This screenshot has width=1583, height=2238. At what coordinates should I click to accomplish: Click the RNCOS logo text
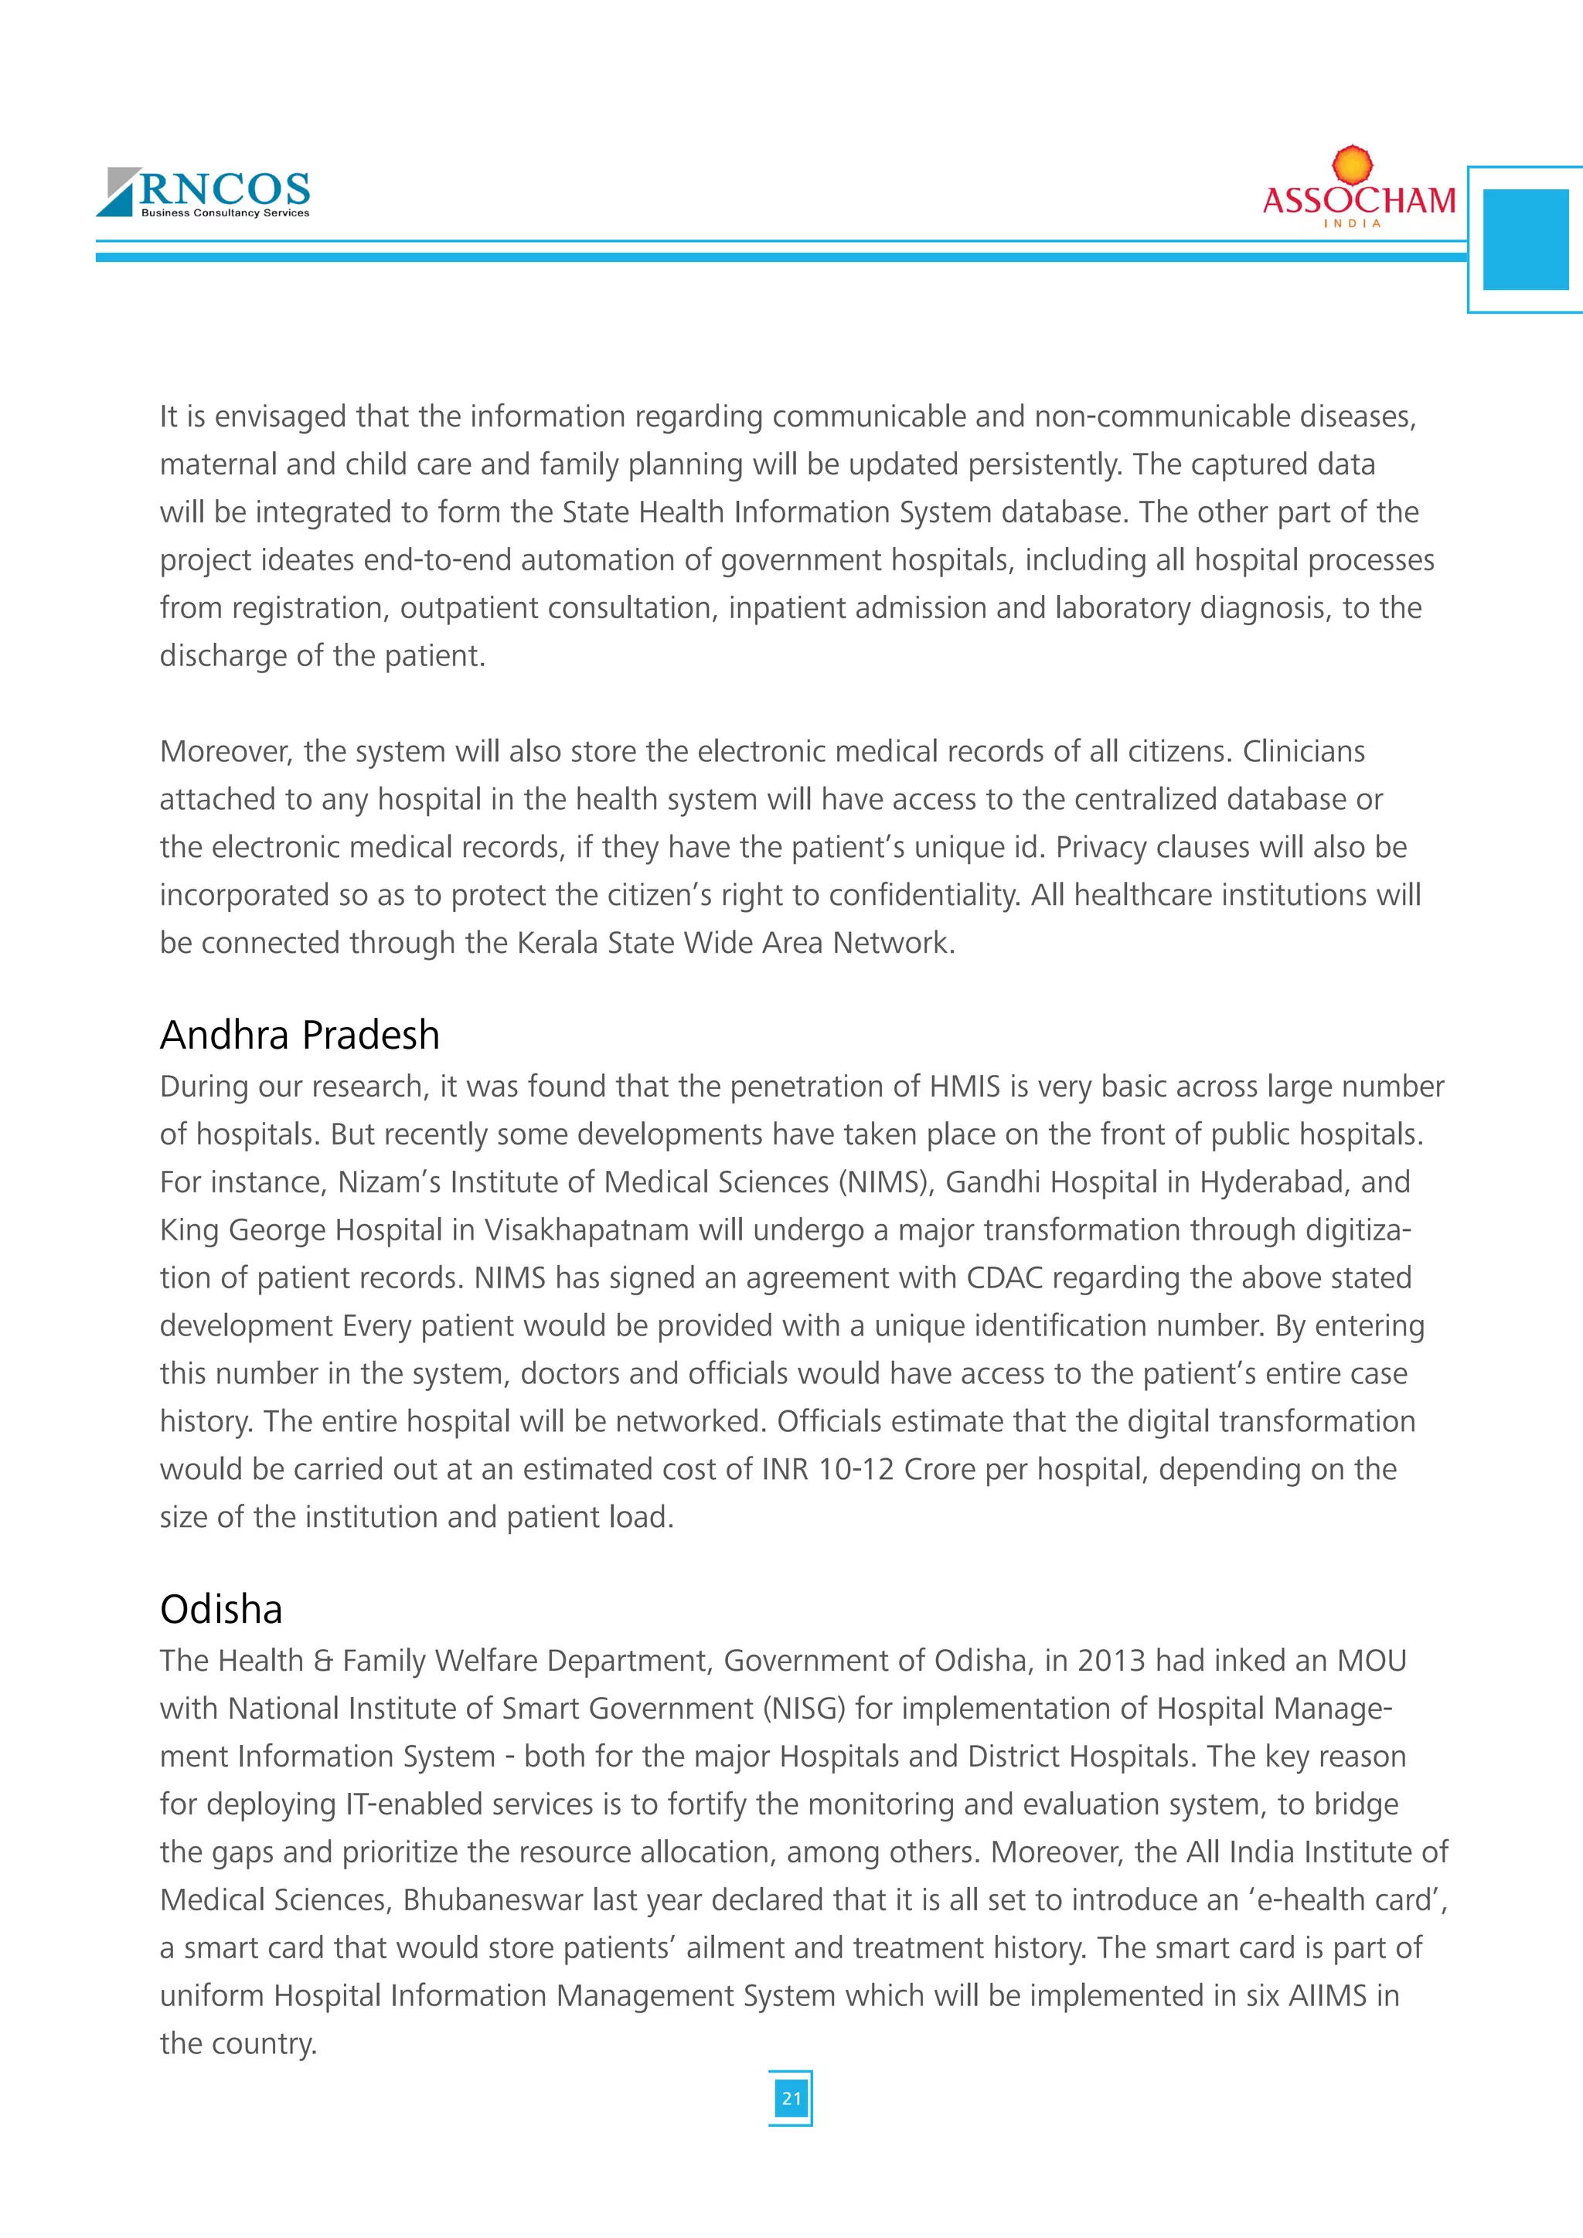click(x=225, y=188)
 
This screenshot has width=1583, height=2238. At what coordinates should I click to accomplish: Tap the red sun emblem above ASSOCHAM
click(x=1352, y=165)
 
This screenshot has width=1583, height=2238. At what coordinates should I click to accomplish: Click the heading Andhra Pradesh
click(x=299, y=1036)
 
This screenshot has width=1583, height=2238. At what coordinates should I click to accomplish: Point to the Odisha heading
click(x=221, y=1609)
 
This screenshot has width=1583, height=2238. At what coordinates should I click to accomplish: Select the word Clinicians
click(x=1303, y=751)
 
